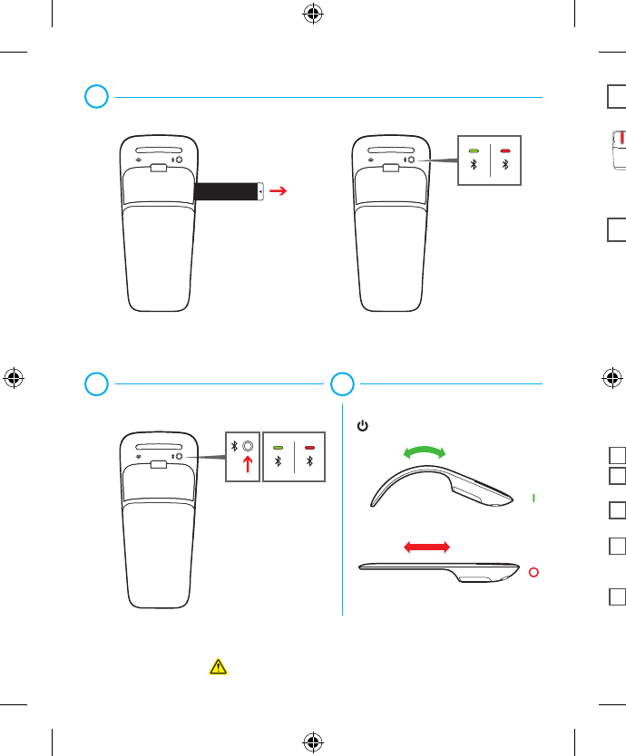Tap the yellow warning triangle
tap(217, 667)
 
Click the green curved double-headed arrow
tap(425, 455)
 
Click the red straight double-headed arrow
tap(425, 546)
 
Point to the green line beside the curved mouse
tap(534, 498)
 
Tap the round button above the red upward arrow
tap(247, 446)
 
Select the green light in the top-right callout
tap(473, 150)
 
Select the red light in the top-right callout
tap(505, 150)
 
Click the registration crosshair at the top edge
tap(313, 15)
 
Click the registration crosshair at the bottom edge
tap(313, 741)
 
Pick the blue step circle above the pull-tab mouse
tap(97, 96)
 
